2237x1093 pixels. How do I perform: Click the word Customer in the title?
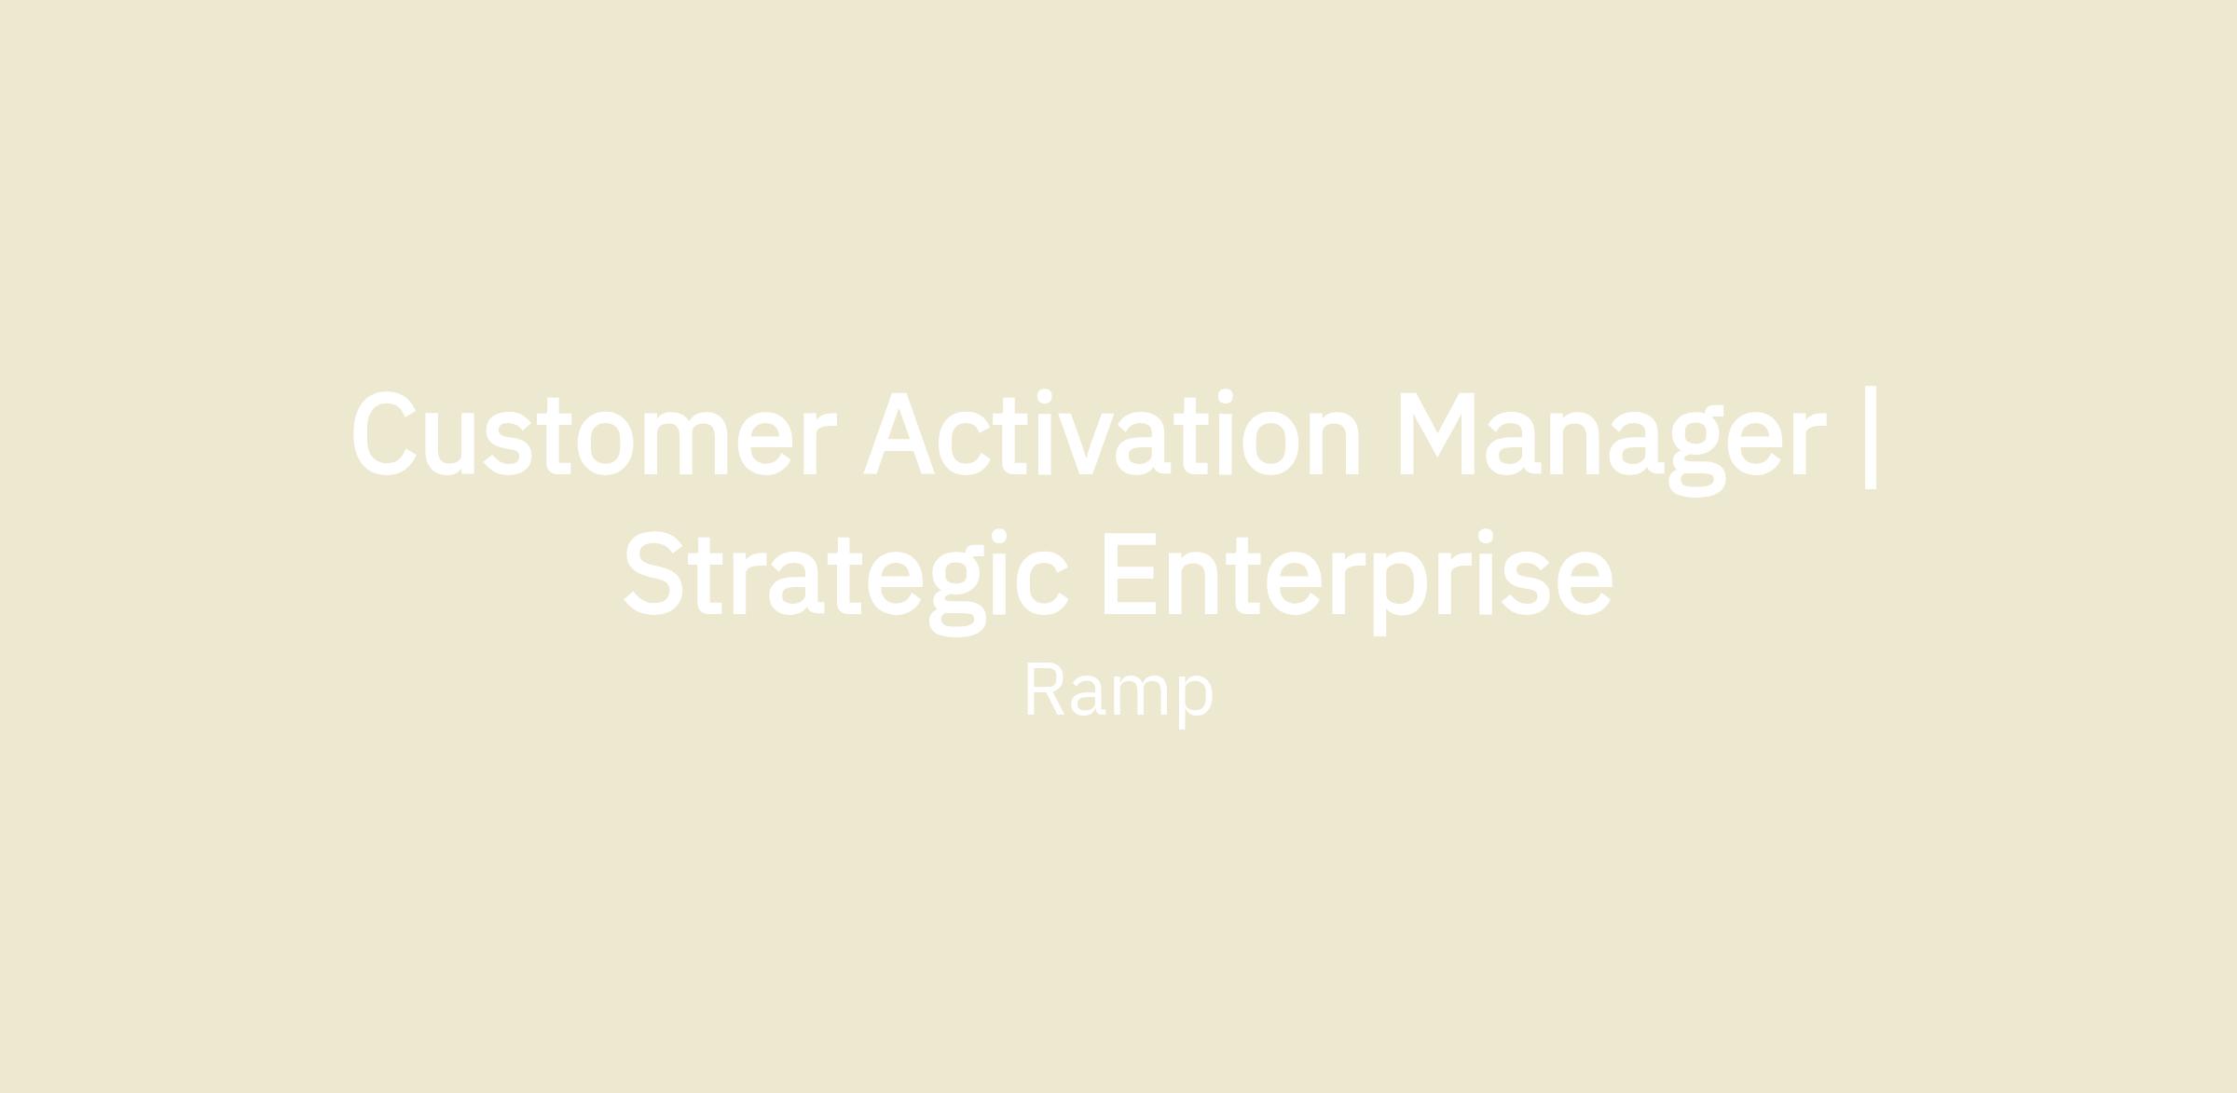(594, 433)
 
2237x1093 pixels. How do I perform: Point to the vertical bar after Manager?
(1870, 437)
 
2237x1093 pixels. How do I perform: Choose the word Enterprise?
(1358, 582)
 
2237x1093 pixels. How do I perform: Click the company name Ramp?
(1118, 693)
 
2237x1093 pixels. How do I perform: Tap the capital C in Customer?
(384, 433)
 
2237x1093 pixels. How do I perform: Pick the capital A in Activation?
(899, 433)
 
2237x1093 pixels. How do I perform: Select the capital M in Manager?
(1437, 433)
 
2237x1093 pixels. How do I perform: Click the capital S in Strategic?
(653, 573)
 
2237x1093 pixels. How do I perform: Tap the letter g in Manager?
(1696, 451)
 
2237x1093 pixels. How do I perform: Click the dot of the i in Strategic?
(999, 537)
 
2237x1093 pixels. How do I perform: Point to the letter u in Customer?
(449, 444)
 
